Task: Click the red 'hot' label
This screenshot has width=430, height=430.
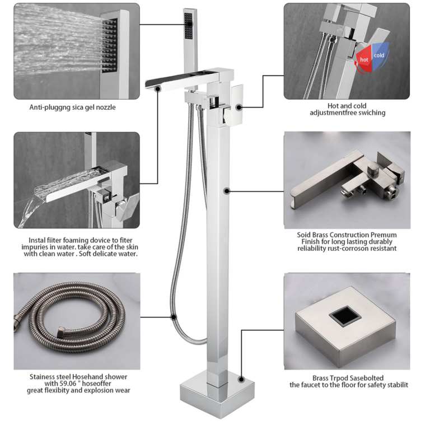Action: [364, 58]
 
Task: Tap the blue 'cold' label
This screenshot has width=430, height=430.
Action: [380, 55]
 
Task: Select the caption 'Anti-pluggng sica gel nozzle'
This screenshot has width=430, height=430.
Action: [72, 107]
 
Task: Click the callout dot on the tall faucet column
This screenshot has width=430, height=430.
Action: [226, 191]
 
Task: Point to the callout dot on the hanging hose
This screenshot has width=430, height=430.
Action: [174, 317]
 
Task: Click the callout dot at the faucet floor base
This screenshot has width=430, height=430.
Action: [241, 378]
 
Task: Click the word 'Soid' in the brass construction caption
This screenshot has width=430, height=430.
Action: [305, 235]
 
